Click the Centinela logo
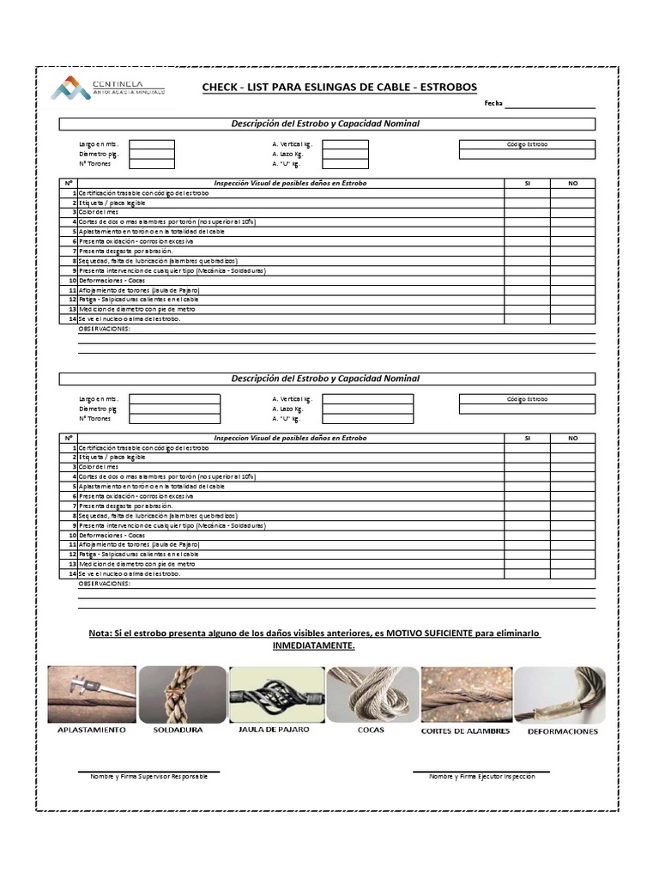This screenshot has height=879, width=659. pos(107,87)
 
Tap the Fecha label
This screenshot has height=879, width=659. pos(493,103)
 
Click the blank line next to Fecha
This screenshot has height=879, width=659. pos(550,104)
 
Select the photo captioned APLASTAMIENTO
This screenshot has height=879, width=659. pos(92,694)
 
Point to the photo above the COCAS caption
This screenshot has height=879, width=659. pos(372,694)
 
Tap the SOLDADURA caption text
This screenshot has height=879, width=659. pos(178,730)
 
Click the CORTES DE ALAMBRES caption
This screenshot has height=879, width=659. pos(465,731)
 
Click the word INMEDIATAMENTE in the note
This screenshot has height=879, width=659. pos(313,645)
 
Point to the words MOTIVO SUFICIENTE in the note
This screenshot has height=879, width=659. pos(428,633)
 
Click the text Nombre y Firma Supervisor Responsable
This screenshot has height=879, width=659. pos(148,776)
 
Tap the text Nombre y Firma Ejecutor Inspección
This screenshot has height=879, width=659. pos(481,776)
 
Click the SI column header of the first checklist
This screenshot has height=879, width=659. pos(528,184)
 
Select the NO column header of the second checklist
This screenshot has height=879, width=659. pos(573,438)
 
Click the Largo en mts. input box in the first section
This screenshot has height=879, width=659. pos(151,145)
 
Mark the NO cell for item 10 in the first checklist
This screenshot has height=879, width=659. pos(573,280)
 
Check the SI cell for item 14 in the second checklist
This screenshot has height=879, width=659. pos(528,573)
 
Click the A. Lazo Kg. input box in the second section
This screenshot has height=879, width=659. pos(367,409)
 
